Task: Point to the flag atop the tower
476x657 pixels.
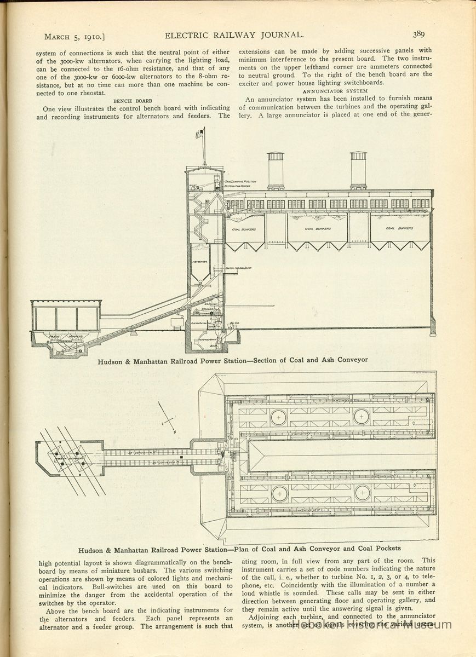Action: pos(203,132)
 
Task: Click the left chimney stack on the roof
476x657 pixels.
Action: pos(276,170)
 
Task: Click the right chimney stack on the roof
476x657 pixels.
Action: pos(358,170)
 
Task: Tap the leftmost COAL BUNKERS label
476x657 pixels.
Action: pos(244,229)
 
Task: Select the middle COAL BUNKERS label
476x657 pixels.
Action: pos(317,229)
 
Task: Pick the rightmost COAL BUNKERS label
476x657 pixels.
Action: pos(399,228)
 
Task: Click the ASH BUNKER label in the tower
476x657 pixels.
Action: pos(199,262)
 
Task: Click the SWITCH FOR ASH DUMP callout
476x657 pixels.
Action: pos(238,268)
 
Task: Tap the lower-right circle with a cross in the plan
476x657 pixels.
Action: pos(362,493)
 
